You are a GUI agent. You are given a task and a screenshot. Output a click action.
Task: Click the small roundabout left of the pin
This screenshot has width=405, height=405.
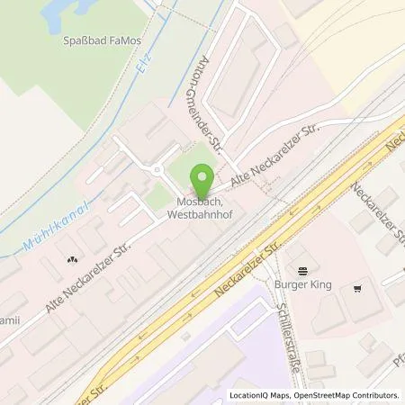coord(157,168)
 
